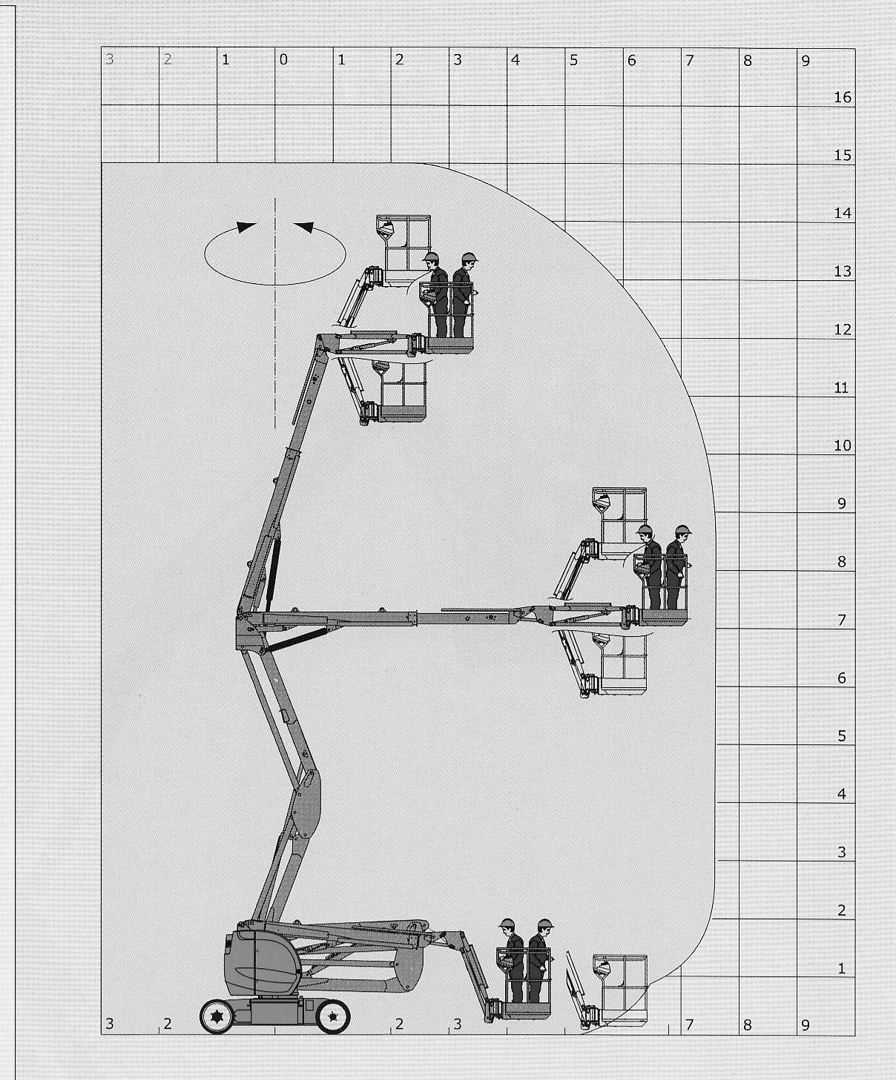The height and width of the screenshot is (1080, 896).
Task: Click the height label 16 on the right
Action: coord(843,96)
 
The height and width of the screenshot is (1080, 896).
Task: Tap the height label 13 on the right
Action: coord(843,271)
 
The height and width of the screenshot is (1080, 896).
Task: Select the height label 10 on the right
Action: coord(843,445)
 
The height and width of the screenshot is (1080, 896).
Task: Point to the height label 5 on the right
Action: coord(842,735)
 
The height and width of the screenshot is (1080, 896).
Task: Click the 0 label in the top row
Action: coord(283,60)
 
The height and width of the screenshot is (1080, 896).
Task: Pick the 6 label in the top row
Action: coord(631,61)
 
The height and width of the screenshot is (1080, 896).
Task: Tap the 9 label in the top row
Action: coord(806,61)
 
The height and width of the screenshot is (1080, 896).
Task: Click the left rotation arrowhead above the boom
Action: coord(246,227)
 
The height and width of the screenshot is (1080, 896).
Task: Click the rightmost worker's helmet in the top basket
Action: coord(469,257)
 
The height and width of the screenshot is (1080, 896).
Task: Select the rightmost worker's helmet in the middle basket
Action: coord(683,530)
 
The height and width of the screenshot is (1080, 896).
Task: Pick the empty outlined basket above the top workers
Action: coord(403,248)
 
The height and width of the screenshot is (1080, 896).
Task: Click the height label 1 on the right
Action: coord(842,968)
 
